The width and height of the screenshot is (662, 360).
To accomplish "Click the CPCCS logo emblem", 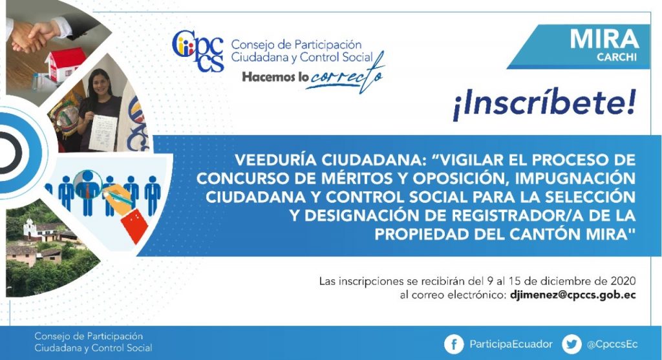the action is (198, 50).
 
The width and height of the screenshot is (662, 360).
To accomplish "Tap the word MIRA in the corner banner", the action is (604, 39).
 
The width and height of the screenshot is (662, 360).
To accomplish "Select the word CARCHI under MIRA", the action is (616, 57).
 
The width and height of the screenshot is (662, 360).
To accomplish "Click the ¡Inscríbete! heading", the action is (544, 105).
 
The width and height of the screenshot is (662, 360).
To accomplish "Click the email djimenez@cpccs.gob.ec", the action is (573, 295).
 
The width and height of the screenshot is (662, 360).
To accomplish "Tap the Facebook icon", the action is (454, 344).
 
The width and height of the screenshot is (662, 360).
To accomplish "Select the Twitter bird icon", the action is (571, 344).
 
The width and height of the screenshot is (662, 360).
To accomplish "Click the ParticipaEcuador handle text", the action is (511, 344).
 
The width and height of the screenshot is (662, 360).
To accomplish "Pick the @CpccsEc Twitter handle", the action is (612, 344).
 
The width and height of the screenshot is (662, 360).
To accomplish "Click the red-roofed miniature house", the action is (64, 63).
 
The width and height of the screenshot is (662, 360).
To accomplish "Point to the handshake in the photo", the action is (34, 36).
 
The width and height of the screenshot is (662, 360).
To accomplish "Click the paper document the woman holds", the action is (103, 132).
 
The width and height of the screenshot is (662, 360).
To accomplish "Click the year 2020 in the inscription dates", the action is (623, 281).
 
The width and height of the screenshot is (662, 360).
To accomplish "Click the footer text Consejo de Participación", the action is (89, 336).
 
